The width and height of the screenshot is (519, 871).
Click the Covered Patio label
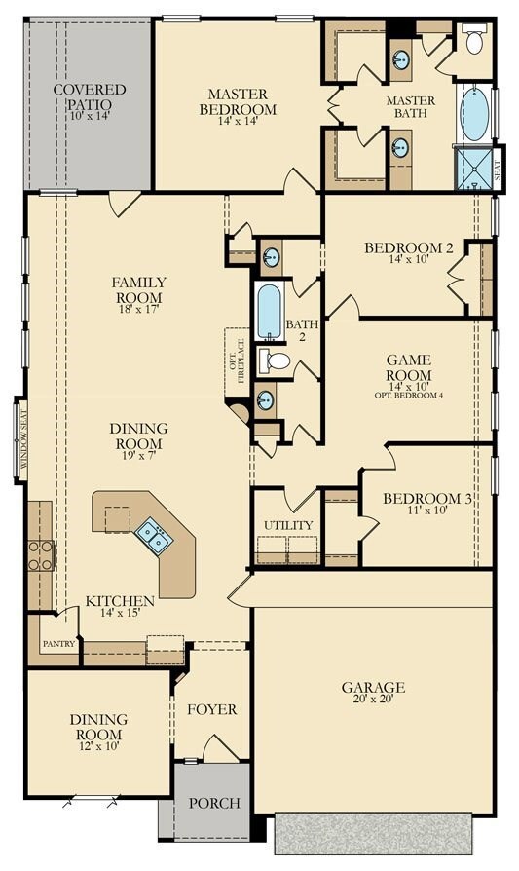pos(90,96)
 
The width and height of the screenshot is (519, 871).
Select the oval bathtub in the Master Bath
pos(473,115)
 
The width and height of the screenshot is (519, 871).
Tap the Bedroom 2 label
pos(409,248)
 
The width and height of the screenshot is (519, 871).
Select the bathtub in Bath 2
pos(269,311)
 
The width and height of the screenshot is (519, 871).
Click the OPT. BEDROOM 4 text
pos(408,395)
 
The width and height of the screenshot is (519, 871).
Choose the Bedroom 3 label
pos(427,499)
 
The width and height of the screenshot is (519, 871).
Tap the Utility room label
pos(288,525)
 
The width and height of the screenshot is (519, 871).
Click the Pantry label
pos(58,644)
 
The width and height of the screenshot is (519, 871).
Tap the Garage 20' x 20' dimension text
pos(373,703)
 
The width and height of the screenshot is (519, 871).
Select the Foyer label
pos(212,709)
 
